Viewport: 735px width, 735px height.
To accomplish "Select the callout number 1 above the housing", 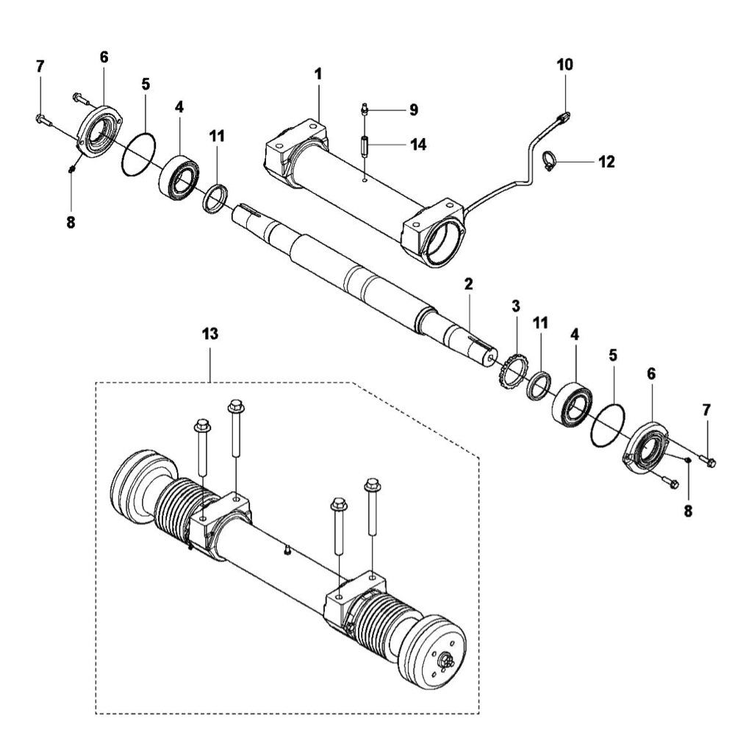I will (x=318, y=75).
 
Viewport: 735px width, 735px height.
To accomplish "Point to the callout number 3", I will (x=516, y=305).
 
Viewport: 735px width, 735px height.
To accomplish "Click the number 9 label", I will (x=413, y=110).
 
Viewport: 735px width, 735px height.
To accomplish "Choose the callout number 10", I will (x=564, y=65).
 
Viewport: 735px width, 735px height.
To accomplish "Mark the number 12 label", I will (x=606, y=162).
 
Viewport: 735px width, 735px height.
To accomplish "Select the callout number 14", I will (x=417, y=145).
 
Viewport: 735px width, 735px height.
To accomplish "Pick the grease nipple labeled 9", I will (x=365, y=110).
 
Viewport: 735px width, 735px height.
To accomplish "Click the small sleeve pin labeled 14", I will (x=365, y=145).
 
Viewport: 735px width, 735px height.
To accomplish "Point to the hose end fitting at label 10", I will (x=564, y=115).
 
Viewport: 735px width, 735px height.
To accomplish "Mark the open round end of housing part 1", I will (x=443, y=240).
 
